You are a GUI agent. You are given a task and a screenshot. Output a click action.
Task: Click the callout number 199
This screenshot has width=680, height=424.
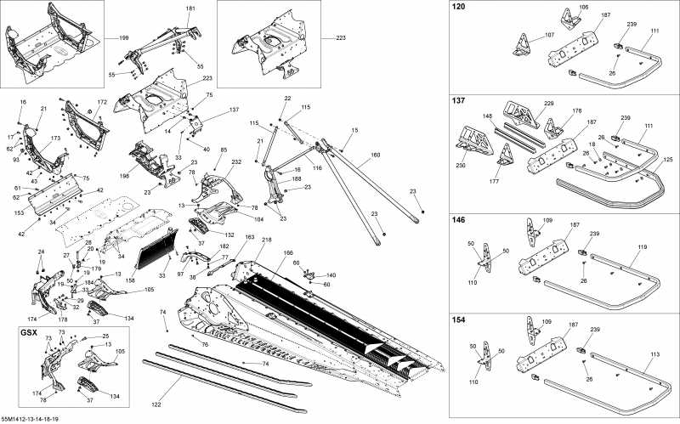[124, 39]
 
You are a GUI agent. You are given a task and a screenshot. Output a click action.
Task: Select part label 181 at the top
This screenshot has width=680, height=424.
[190, 8]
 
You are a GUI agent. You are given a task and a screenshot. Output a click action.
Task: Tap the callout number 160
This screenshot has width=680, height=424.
[376, 155]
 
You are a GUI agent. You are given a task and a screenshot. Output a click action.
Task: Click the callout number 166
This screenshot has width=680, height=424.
[288, 252]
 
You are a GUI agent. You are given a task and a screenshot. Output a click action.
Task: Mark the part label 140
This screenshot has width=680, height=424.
[331, 275]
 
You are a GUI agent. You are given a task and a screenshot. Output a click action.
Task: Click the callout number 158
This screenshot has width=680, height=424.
[129, 280]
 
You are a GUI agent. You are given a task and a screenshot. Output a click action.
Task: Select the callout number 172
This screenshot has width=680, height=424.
[102, 102]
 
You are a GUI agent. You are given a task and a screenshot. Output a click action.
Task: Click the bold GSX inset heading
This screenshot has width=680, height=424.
[28, 331]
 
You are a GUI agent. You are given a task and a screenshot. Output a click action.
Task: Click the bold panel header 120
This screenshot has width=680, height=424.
[459, 7]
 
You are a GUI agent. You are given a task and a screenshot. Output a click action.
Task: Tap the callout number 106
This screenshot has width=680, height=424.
[560, 8]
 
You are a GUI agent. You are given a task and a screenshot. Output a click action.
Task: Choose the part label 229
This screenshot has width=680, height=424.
[549, 104]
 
